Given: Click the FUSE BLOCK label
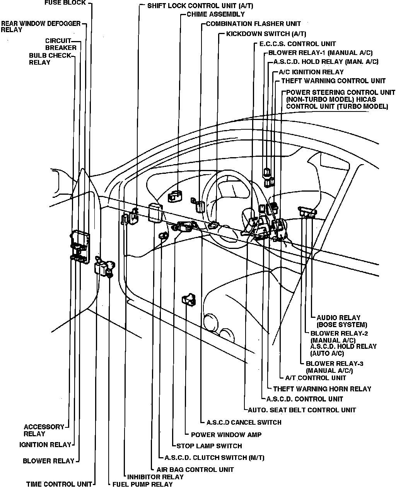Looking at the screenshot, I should pos(65,3).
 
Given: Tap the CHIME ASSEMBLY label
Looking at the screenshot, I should pos(215,14).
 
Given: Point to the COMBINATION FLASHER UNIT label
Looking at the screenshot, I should pos(253,24).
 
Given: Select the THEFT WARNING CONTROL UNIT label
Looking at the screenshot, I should pos(333,81).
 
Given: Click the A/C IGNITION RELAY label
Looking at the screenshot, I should pos(311,72).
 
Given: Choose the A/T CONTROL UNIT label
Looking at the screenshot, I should pos(315,378).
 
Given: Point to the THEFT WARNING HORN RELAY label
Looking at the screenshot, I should pos(322,389).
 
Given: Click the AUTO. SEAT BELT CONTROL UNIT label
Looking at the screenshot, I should pos(302,410).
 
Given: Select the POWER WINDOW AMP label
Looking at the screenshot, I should pos(226,435).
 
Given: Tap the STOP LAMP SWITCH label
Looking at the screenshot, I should pos(209,446).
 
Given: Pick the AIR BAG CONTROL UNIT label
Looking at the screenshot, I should pos(195,470).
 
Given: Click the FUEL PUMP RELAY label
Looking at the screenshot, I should pos(142,484).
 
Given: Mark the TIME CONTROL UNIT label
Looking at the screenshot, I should pos(59,484).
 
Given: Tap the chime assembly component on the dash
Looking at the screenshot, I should pos(175,196).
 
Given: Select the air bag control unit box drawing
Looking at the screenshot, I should pos(155,213).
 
